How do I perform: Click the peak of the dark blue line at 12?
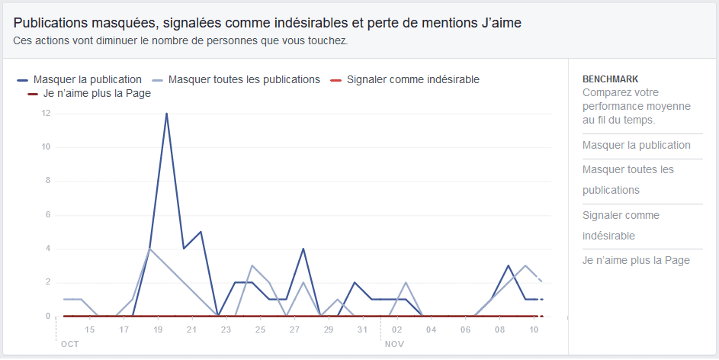click(166, 114)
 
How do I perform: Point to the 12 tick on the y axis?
click(45, 114)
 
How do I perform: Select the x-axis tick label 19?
click(158, 329)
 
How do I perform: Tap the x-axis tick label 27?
click(294, 329)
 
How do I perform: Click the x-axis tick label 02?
click(396, 329)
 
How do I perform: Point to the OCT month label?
click(69, 344)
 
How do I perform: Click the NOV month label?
click(394, 344)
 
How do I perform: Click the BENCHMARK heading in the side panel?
click(610, 79)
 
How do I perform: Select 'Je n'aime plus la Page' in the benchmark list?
click(636, 261)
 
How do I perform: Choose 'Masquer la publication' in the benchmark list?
click(636, 146)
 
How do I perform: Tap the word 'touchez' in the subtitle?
click(329, 41)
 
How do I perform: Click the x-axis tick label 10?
click(533, 329)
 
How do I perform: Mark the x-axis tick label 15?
click(89, 329)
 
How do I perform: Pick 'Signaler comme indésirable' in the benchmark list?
click(621, 226)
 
